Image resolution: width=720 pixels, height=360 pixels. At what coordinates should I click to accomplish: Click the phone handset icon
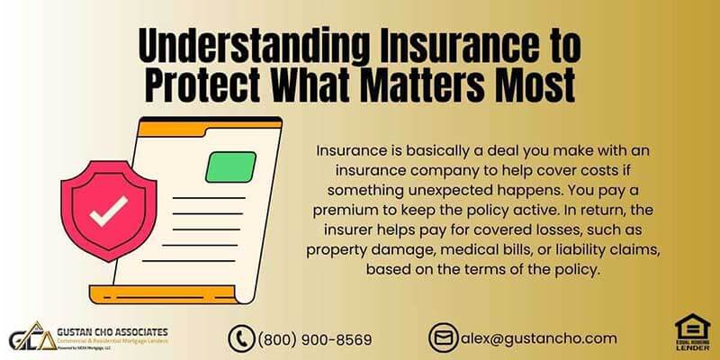pyautogui.click(x=241, y=338)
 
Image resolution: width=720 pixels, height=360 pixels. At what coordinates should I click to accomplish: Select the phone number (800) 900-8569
pyautogui.click(x=315, y=339)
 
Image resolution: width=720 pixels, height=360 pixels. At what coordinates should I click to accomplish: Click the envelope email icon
pyautogui.click(x=444, y=338)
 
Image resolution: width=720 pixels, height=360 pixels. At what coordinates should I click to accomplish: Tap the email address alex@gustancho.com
pyautogui.click(x=539, y=338)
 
